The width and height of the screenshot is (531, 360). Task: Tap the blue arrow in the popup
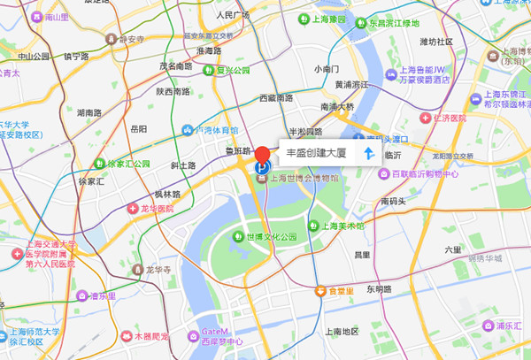[x=368, y=154]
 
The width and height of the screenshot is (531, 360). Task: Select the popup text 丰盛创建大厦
[x=316, y=154]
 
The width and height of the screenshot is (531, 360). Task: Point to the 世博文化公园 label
[x=272, y=237]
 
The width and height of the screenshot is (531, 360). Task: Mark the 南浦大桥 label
[x=336, y=107]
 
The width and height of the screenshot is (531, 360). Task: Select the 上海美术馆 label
[x=340, y=226]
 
